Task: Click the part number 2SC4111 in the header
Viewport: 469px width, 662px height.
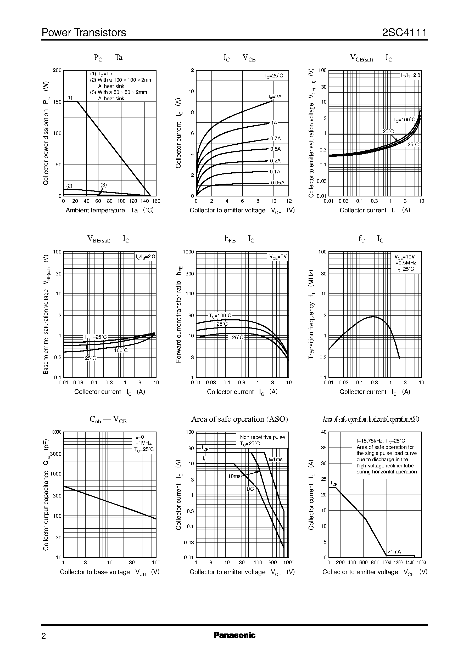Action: (x=404, y=33)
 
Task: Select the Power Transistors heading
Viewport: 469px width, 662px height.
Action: (x=84, y=33)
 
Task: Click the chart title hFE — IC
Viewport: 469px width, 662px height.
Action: (x=239, y=239)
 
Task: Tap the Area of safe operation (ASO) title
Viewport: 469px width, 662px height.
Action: (x=239, y=419)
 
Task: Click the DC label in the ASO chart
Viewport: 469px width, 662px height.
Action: (x=250, y=489)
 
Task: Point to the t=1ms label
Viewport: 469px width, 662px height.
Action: (x=276, y=459)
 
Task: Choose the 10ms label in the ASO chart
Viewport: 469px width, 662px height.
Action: (x=234, y=476)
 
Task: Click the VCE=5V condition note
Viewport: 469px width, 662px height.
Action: (x=278, y=257)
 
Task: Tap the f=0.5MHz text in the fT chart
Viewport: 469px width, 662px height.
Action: (x=405, y=263)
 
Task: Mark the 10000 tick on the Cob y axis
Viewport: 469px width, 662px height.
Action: (x=56, y=432)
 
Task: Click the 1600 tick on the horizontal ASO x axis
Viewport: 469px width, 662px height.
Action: (x=421, y=562)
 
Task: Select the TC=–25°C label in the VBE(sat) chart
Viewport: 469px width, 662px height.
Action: (x=95, y=337)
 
